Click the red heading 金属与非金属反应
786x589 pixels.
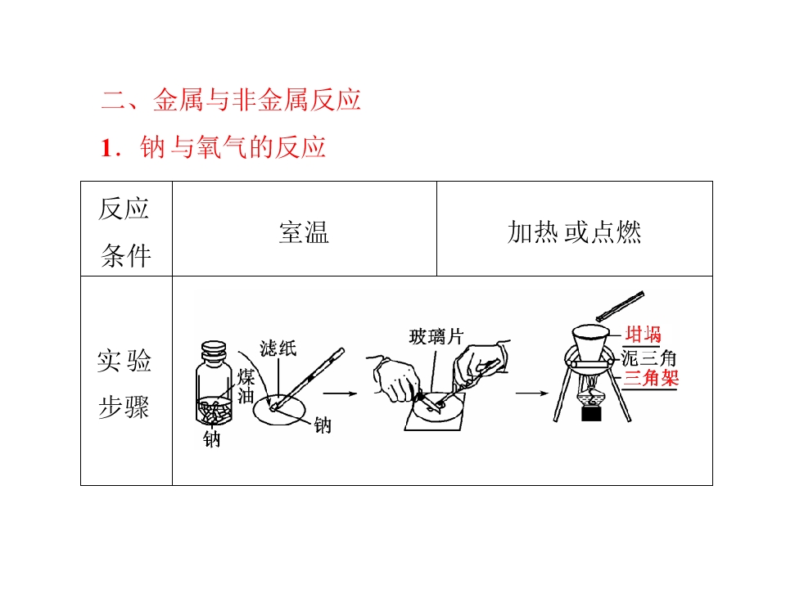pos(256,100)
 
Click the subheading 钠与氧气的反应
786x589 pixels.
pos(233,147)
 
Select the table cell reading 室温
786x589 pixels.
pos(304,232)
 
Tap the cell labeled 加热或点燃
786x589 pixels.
pos(574,232)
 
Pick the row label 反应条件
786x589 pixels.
pos(124,232)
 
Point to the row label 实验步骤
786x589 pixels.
pos(124,384)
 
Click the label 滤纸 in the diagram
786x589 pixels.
pos(278,348)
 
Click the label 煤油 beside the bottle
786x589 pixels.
pos(246,386)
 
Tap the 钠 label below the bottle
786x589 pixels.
pos(211,439)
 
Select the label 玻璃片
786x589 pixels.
pos(436,337)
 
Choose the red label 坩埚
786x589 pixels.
pos(644,334)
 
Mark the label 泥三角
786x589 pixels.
pos(649,358)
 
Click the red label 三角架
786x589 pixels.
pos(651,378)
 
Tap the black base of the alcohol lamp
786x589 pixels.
pos(591,414)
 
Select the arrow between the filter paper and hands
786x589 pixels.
pos(340,393)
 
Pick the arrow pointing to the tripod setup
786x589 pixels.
pos(532,393)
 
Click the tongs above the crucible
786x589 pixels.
pos(620,306)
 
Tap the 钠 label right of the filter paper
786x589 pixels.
pos(323,425)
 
